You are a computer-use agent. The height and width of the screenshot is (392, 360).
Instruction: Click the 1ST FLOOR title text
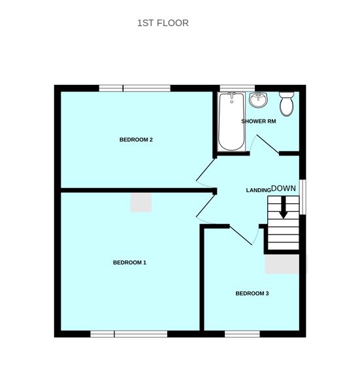coord(163,23)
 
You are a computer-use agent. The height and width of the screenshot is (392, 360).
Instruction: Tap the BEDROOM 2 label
coord(136,140)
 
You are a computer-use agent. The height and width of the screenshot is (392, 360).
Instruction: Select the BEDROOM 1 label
coord(129,263)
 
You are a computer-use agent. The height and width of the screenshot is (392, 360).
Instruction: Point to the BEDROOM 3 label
coord(252,293)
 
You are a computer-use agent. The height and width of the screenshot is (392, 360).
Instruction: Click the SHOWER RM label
coord(259,122)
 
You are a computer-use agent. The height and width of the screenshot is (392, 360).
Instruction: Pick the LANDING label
coord(258,190)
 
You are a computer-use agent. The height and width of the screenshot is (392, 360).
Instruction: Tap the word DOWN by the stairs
coord(284,188)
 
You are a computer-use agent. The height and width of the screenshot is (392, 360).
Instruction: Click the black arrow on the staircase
coord(284,210)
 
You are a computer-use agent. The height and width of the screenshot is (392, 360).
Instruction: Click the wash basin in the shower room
coord(259,101)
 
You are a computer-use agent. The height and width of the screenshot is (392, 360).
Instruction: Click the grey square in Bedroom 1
coord(141,202)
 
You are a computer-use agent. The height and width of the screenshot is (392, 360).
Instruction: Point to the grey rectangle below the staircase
coord(285,264)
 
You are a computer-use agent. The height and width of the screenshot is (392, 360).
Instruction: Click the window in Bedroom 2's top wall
coord(135,88)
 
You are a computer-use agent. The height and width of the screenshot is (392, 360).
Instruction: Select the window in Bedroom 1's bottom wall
coord(129,334)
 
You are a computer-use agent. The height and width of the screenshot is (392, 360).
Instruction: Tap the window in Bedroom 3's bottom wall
coord(242,334)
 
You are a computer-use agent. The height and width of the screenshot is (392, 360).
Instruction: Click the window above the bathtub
coord(237,88)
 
